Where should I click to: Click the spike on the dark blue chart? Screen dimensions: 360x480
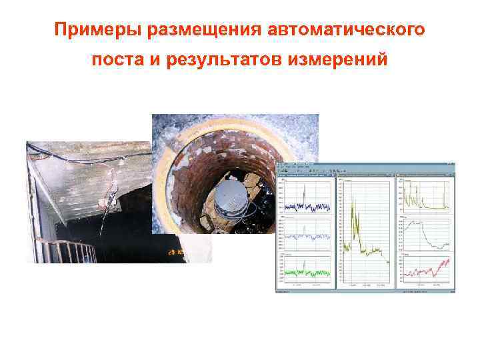pyautogui.click(x=303, y=193)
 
